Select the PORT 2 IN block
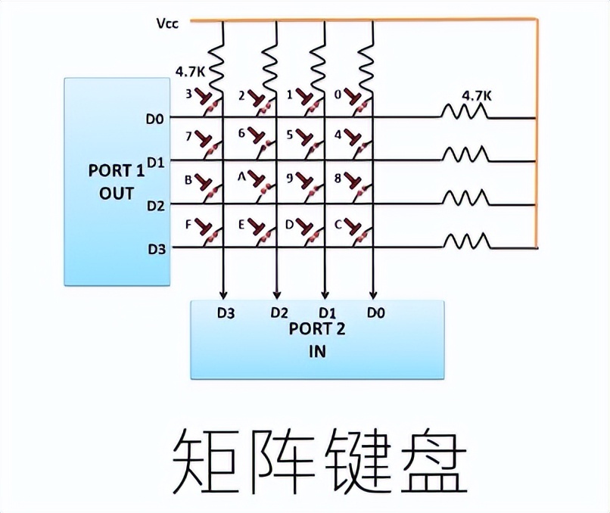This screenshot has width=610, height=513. point(317,339)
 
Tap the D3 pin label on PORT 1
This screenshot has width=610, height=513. point(155,248)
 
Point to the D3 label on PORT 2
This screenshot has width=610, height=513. point(225,311)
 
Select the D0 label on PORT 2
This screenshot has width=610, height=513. point(374,311)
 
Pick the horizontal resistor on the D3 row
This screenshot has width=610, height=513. point(465,243)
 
